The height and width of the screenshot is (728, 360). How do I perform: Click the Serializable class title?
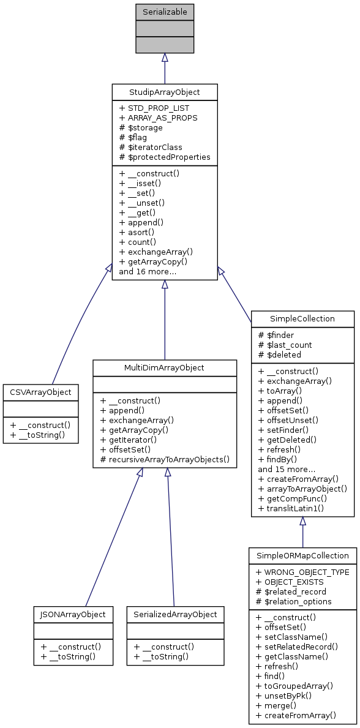pos(164,12)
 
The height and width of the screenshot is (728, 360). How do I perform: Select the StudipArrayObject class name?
pos(164,92)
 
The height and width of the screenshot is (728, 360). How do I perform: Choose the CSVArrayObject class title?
pos(40,392)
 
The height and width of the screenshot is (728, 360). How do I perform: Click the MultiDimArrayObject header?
pos(164,368)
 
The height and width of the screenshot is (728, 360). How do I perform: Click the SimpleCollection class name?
pos(302,319)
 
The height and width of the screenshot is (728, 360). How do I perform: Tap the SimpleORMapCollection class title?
pos(302,556)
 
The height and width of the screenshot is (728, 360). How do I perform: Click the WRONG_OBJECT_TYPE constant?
pos(302,572)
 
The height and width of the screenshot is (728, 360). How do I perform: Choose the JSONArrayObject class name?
pos(73,614)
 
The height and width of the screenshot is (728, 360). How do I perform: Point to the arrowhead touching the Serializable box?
pos(164,58)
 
